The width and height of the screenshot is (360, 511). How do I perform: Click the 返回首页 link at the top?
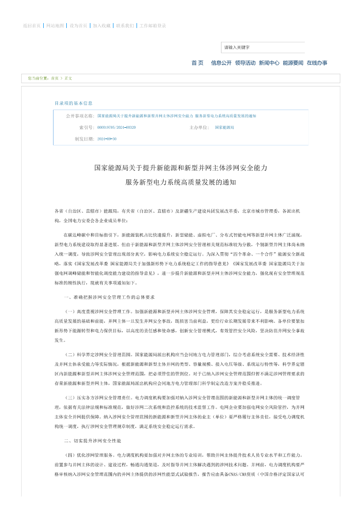[x=32, y=26]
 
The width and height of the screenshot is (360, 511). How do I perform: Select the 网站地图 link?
[x=55, y=26]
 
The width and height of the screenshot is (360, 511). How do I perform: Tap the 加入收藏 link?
[x=102, y=26]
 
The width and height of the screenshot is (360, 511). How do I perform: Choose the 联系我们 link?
[x=125, y=26]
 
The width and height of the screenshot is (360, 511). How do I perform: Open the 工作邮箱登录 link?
[x=152, y=26]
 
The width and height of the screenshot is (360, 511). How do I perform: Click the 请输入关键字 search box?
[x=263, y=48]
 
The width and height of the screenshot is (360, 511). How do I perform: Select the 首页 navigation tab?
[x=197, y=63]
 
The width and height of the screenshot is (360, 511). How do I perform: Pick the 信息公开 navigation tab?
[x=221, y=63]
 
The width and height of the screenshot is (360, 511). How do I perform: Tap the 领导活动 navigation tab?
[x=245, y=63]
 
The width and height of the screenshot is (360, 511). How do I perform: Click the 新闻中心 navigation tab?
[x=269, y=63]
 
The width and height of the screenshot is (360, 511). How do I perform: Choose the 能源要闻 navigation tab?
[x=293, y=63]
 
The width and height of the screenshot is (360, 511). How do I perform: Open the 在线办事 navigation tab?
[x=317, y=63]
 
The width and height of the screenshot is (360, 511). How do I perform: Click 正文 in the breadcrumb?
[x=68, y=79]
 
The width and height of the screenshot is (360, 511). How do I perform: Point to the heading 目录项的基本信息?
[x=73, y=103]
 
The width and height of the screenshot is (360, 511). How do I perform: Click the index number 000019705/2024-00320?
[x=116, y=127]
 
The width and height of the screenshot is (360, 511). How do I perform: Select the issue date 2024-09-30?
[x=107, y=139]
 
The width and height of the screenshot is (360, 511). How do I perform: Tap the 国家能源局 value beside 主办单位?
[x=224, y=127]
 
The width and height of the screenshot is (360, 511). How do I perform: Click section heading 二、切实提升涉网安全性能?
[x=92, y=441]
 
